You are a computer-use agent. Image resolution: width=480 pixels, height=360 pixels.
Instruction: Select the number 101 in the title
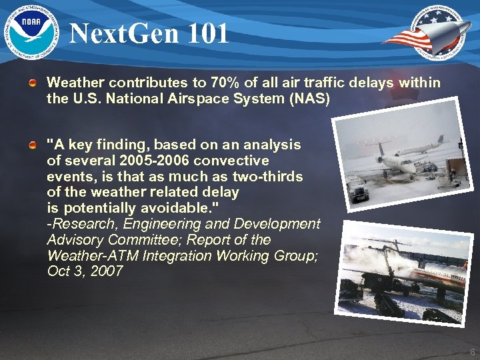(206, 33)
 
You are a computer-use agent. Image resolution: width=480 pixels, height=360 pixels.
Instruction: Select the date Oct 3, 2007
(85, 271)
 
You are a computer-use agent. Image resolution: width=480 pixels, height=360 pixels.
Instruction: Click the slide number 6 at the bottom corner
(472, 351)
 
